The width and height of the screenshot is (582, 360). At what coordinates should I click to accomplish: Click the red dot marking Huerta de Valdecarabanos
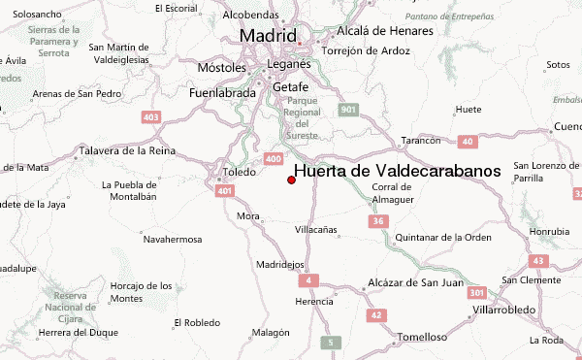pos(291,180)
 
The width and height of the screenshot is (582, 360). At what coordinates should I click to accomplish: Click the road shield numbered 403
pos(150,117)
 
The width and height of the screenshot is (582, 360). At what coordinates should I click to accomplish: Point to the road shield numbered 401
pos(225,191)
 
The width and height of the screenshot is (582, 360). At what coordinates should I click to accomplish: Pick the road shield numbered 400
pos(274,159)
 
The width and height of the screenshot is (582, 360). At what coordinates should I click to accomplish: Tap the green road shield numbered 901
pos(349,111)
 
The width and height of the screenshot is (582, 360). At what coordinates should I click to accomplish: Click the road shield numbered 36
pos(378,221)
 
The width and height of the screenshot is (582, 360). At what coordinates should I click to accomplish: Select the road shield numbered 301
pos(475,291)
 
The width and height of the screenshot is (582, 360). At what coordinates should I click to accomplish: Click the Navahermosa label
pos(172,239)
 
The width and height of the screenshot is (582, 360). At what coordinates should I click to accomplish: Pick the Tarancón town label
pos(421,140)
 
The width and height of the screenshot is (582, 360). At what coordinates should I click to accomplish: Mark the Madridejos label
pos(280,264)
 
